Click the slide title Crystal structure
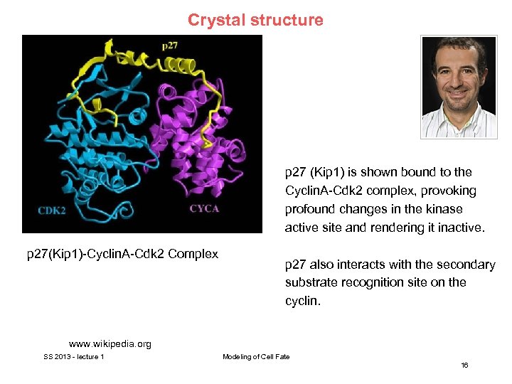tap(255, 20)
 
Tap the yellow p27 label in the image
tap(170, 46)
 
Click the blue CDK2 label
tap(52, 209)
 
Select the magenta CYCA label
tap(204, 208)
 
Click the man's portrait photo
tap(458, 87)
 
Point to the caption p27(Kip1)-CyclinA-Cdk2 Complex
tap(122, 254)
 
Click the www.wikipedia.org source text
tap(110, 344)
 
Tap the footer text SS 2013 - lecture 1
tap(74, 356)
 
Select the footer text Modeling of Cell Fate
tap(256, 356)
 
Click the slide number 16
tap(464, 365)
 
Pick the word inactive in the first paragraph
tap(462, 228)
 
